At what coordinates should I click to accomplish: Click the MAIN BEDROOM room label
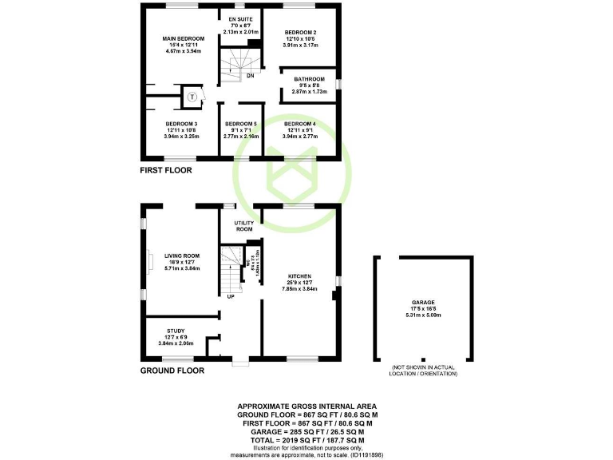(184, 38)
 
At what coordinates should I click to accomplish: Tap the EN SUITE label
(240, 18)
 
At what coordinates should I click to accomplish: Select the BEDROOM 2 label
(302, 32)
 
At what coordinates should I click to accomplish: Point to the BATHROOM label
(309, 79)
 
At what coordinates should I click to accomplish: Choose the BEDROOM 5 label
(240, 124)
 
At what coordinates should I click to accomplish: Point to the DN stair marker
(250, 76)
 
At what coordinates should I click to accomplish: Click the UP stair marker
(231, 296)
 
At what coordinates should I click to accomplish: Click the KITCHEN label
(299, 276)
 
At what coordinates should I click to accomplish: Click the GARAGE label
(424, 303)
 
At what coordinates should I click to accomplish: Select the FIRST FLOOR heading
(166, 170)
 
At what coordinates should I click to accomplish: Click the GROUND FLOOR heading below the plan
(172, 371)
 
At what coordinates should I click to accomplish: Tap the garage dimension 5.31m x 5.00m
(424, 315)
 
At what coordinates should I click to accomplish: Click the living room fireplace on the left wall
(148, 263)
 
